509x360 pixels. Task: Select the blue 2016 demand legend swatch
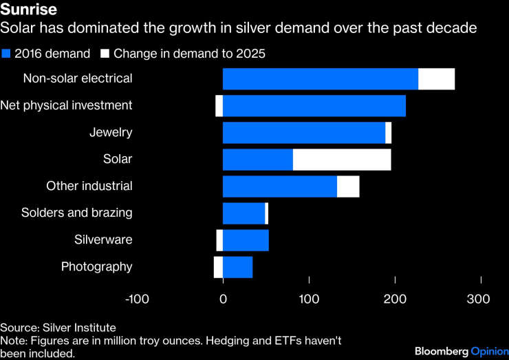point(6,54)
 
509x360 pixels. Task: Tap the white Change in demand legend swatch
point(105,54)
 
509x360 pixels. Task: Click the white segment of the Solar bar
point(342,160)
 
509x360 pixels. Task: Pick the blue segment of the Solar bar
point(258,160)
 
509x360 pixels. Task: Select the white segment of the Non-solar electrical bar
point(436,79)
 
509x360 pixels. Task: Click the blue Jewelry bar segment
point(304,133)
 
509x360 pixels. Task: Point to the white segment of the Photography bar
point(218,267)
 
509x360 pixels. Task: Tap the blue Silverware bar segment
point(246,240)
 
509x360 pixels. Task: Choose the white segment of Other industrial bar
point(348,187)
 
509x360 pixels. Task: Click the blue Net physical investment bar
point(314,106)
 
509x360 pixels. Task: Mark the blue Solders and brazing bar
point(243,213)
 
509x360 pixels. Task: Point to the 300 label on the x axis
point(479,299)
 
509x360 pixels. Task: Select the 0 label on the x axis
point(224,299)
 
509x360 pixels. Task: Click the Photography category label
point(96,267)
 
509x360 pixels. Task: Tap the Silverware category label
point(103,240)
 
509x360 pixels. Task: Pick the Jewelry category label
point(110,133)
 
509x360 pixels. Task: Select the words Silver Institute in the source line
point(78,328)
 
